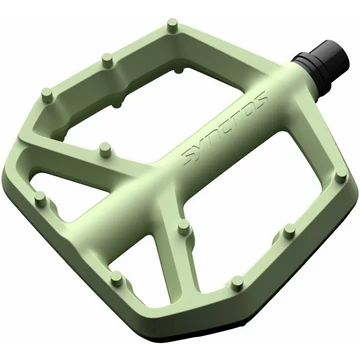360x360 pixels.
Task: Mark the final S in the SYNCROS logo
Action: (260, 97)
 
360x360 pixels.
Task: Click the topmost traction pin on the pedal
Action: (172, 25)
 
